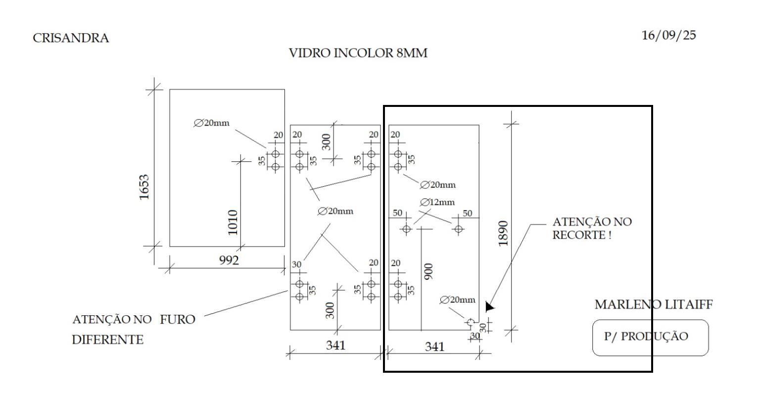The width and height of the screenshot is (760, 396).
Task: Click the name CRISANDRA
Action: point(71,38)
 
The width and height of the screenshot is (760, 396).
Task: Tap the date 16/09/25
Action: point(668,35)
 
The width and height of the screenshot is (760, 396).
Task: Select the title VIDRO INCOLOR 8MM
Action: point(358,53)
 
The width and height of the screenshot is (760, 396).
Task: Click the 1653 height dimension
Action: point(144,187)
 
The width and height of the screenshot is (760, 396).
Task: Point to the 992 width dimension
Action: point(229,260)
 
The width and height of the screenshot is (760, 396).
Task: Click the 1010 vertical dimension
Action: point(233,222)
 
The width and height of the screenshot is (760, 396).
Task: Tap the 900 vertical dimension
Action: point(428,271)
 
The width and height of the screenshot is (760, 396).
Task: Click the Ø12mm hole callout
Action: point(437,202)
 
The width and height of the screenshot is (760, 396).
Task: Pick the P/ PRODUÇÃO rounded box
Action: point(650,338)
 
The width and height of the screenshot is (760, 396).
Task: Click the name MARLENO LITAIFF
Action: point(653,304)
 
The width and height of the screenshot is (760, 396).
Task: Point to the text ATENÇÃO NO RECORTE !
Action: point(591,228)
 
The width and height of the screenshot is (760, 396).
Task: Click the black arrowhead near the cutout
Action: point(489,307)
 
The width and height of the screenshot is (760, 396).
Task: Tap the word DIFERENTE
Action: point(107,340)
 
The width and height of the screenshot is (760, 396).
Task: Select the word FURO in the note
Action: point(177,319)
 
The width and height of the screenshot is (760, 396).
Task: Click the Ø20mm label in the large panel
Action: point(211,123)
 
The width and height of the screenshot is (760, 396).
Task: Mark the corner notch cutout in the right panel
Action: point(471,323)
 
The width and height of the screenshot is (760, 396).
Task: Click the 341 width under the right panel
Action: point(435,346)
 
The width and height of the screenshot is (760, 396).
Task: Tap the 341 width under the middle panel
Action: point(335,345)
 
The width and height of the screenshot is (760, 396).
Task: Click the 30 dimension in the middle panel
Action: point(296,264)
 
